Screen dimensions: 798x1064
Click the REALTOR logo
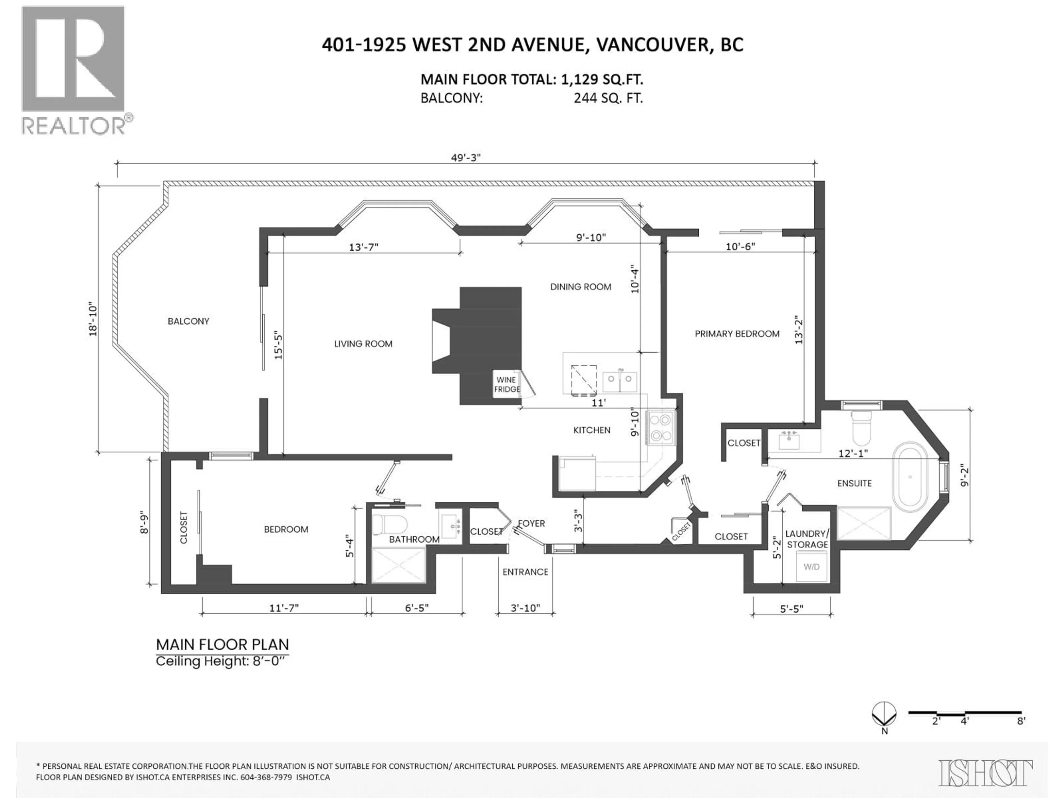[x=75, y=70]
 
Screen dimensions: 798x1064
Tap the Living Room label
[x=363, y=343]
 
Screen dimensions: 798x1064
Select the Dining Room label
[x=580, y=287]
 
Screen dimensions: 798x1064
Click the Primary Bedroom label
[x=737, y=333]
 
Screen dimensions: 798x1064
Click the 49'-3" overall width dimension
[x=465, y=158]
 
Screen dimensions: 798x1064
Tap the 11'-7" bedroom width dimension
[x=284, y=608]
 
